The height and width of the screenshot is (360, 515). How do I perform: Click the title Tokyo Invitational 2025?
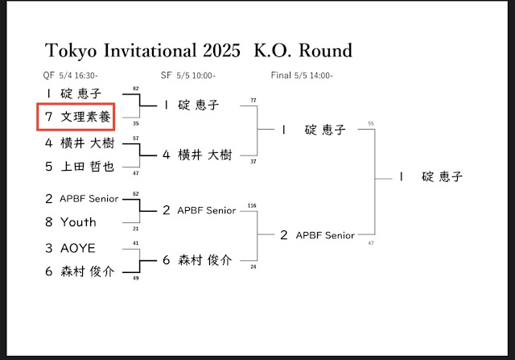click(x=142, y=51)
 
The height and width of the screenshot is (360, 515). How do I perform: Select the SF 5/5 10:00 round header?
click(x=189, y=75)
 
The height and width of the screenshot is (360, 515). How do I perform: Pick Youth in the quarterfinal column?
click(x=77, y=221)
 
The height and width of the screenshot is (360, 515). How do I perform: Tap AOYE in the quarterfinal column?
click(x=78, y=248)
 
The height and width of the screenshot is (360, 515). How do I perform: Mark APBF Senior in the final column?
click(x=325, y=235)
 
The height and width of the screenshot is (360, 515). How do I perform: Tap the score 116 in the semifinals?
click(x=253, y=206)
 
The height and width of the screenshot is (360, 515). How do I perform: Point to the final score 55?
click(x=370, y=123)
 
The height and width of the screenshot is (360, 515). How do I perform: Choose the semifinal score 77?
click(x=253, y=101)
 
